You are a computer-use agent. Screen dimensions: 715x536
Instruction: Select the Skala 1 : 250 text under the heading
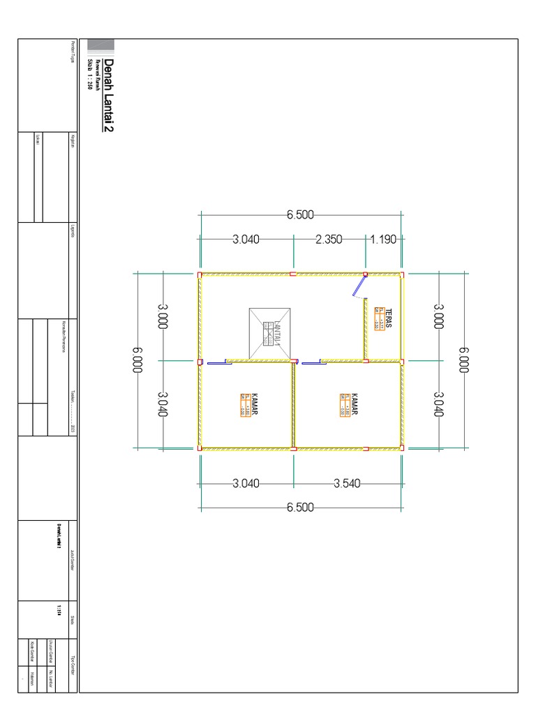click(x=89, y=75)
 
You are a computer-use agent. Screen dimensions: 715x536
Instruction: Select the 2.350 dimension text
click(x=329, y=239)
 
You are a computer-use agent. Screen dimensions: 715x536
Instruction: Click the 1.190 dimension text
click(x=383, y=239)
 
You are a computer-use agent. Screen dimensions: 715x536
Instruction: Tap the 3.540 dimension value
click(x=347, y=482)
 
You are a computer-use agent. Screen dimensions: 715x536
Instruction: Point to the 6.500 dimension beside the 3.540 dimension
click(x=300, y=507)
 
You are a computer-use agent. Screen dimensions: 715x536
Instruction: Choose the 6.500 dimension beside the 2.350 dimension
click(x=300, y=215)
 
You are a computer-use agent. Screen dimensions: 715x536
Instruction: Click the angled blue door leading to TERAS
click(x=361, y=285)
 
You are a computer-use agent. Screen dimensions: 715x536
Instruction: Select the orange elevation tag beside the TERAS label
click(x=379, y=318)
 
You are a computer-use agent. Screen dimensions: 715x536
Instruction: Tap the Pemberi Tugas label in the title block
click(x=73, y=52)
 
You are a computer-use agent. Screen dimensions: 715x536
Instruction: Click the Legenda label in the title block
click(x=73, y=230)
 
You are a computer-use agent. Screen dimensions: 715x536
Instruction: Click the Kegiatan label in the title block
click(x=73, y=139)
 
